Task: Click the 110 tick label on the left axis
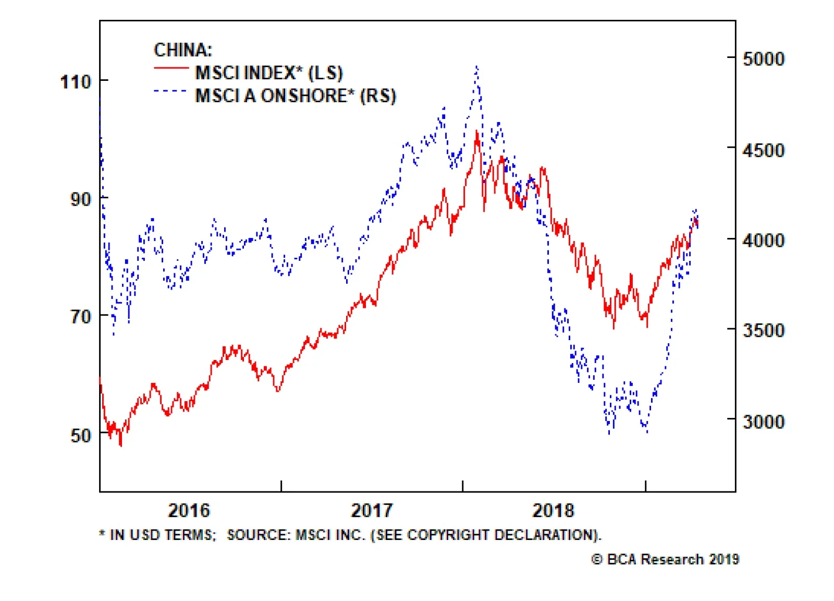point(76,82)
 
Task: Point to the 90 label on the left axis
point(81,199)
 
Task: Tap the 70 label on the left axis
point(81,316)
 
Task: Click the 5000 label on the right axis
point(763,59)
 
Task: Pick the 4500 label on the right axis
point(763,151)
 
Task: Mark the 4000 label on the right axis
point(763,241)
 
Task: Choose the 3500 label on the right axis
point(763,330)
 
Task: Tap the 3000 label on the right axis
point(763,421)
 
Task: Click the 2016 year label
point(189,510)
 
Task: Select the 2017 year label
point(371,510)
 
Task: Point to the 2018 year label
point(553,510)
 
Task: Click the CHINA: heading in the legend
point(183,50)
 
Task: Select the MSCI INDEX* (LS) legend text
point(269,73)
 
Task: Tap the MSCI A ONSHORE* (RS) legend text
point(296,96)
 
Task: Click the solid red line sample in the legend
point(171,68)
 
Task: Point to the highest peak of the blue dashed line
point(477,67)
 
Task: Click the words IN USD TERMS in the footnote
point(162,535)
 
